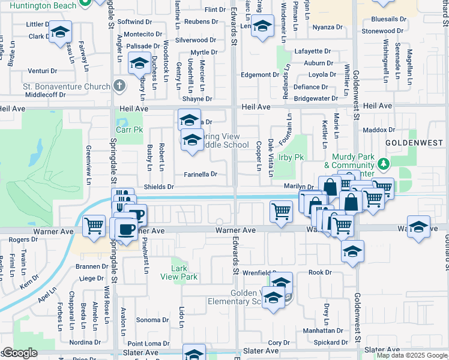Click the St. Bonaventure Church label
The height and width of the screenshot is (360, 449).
point(67,86)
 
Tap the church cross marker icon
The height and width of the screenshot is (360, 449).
point(119,85)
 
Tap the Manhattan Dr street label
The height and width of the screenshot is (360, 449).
point(323,330)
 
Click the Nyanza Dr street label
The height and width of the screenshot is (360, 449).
point(327,27)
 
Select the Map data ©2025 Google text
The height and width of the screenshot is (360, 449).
point(411,355)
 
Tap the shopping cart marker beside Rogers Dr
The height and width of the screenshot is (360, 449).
point(94,226)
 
